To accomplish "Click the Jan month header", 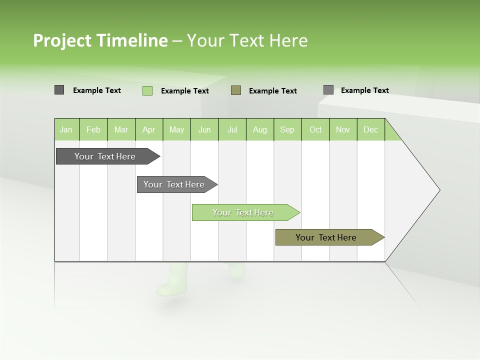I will (66, 129).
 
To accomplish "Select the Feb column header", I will (93, 129).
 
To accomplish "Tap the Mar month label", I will (121, 129).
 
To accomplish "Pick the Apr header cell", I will (148, 129).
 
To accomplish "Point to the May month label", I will (176, 129).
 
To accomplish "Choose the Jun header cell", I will (204, 129).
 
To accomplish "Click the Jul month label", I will (232, 129).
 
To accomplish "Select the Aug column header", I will (260, 129).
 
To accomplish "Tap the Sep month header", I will (287, 129).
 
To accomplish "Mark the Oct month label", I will (315, 129).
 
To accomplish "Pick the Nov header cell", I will (343, 129).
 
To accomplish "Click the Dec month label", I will (370, 129).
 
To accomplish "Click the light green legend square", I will (147, 90).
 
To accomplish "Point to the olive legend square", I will (236, 90).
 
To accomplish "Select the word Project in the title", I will (62, 40).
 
